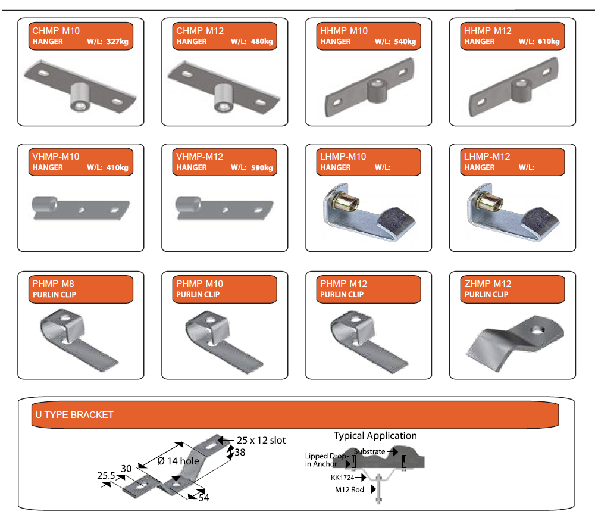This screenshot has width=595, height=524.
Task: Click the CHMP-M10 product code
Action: pyautogui.click(x=57, y=30)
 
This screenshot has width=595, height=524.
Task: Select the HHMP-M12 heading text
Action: pyautogui.click(x=487, y=30)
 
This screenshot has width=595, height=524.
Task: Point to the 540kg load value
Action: pyautogui.click(x=405, y=42)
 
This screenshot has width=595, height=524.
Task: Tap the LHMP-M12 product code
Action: pyautogui.click(x=487, y=156)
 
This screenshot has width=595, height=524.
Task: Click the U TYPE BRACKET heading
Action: pyautogui.click(x=74, y=414)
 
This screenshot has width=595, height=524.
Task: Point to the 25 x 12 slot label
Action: pyautogui.click(x=261, y=441)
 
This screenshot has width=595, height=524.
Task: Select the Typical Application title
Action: pyautogui.click(x=375, y=436)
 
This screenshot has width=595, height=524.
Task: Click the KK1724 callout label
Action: pyautogui.click(x=343, y=477)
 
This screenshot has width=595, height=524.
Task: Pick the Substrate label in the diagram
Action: pyautogui.click(x=369, y=451)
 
